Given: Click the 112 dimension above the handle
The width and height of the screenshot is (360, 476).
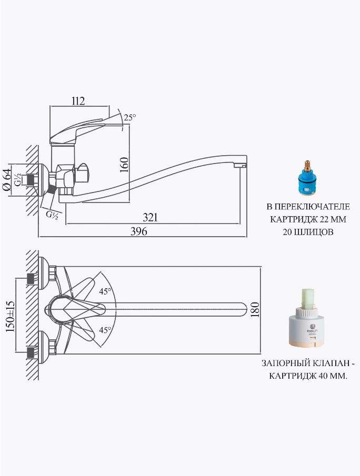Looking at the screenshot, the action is pyautogui.click(x=78, y=101).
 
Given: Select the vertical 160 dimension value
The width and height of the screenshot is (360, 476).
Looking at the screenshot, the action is pyautogui.click(x=124, y=165).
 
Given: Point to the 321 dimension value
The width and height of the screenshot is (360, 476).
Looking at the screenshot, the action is pyautogui.click(x=151, y=217).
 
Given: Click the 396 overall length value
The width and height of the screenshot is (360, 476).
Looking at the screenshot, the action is pyautogui.click(x=139, y=231).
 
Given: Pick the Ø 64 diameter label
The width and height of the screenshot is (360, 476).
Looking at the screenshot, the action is pyautogui.click(x=7, y=180).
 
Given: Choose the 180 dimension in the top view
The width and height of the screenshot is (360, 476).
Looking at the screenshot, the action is pyautogui.click(x=256, y=310).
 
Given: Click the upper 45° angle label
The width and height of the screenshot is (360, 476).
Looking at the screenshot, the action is pyautogui.click(x=105, y=291).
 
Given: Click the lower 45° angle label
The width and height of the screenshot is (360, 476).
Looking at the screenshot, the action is pyautogui.click(x=105, y=330).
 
